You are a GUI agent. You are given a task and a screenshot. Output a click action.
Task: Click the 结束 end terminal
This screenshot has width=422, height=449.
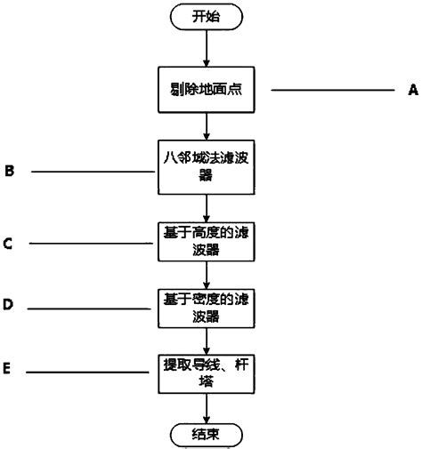point(207,434)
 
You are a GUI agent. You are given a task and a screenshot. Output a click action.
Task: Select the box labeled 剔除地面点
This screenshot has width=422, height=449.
point(207,91)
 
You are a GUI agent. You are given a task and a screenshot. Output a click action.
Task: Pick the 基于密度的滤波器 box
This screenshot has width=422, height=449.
point(207,304)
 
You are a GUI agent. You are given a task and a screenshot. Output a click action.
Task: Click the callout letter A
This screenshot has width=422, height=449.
point(411,90)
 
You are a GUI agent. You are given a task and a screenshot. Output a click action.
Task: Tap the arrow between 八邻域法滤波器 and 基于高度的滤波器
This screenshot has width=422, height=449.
point(207,209)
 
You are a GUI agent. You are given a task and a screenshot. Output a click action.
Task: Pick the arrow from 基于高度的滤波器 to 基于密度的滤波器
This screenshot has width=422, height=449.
point(207,272)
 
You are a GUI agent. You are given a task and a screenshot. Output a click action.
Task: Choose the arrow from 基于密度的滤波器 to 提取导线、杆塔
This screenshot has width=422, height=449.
point(207,335)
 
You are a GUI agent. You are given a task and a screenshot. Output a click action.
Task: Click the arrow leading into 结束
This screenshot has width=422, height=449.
point(207,405)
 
